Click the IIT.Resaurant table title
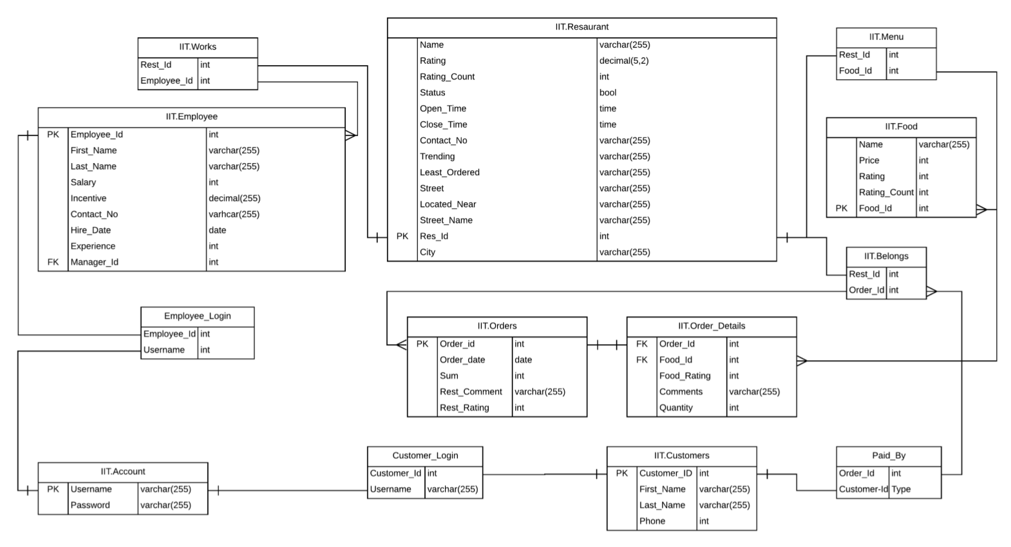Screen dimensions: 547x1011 point(581,27)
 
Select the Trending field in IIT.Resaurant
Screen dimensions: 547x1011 point(437,157)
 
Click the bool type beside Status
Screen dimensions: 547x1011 point(608,93)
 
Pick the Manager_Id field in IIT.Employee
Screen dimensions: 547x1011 point(95,262)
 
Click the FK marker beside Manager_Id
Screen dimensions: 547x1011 point(53,262)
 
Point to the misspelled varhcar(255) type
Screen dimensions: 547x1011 point(234,215)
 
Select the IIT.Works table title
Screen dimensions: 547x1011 point(198,47)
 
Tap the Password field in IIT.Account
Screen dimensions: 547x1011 point(90,505)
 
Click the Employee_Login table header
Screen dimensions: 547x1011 point(197,316)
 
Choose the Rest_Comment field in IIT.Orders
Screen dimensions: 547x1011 point(471,392)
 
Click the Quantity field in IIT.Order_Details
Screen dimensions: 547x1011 point(676,408)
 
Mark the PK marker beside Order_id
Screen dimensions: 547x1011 point(422,344)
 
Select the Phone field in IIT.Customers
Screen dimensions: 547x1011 point(652,521)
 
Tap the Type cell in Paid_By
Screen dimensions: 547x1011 point(901,490)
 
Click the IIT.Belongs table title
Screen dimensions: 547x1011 point(886,256)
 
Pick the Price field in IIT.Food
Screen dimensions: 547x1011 point(869,160)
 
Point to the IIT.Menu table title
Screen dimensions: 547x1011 point(886,37)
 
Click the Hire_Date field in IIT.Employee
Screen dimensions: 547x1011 point(91,231)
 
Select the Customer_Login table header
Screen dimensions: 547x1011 point(425,456)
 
